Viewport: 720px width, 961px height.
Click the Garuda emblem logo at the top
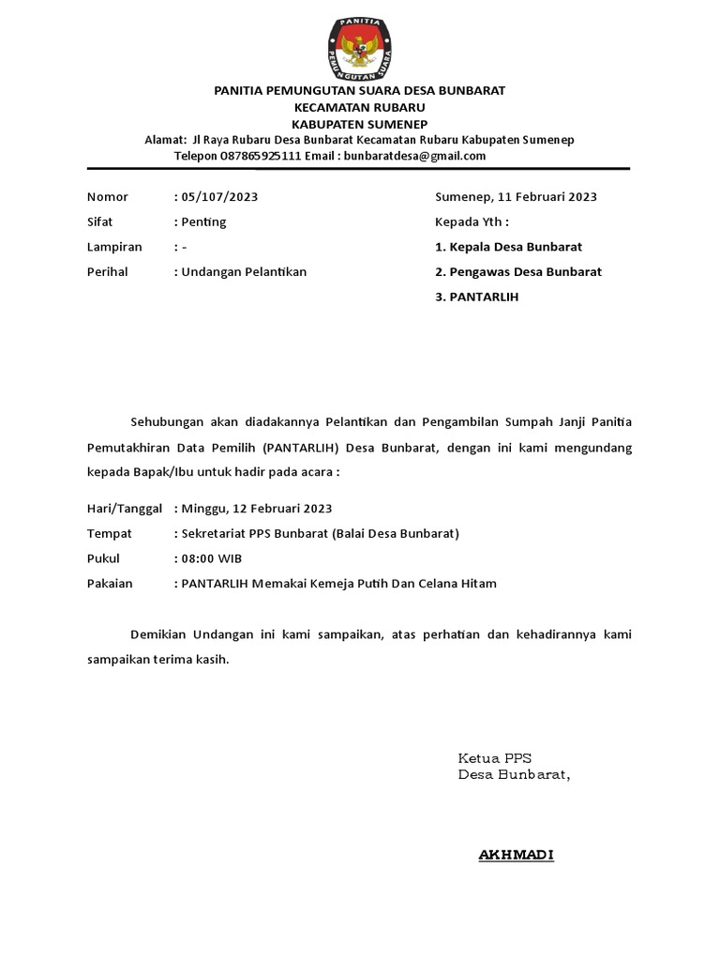click(360, 44)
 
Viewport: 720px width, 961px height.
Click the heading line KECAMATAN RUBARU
click(360, 107)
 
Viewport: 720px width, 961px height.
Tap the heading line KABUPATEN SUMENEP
click(360, 123)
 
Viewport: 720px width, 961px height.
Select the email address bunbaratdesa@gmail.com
click(414, 156)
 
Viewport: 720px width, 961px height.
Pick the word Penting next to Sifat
click(203, 222)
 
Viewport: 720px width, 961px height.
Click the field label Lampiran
click(114, 247)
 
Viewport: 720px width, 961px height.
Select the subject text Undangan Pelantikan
click(244, 272)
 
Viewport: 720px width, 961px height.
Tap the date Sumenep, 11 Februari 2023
click(516, 197)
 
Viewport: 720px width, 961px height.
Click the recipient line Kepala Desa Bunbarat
click(515, 247)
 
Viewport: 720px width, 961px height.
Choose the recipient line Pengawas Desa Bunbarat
click(525, 272)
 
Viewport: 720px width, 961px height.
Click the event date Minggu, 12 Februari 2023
click(257, 509)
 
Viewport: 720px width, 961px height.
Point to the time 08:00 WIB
click(212, 558)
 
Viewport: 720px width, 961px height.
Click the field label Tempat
click(109, 534)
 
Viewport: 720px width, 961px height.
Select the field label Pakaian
click(110, 584)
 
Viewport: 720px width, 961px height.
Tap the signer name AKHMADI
click(517, 855)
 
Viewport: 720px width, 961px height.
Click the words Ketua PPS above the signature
click(494, 758)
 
